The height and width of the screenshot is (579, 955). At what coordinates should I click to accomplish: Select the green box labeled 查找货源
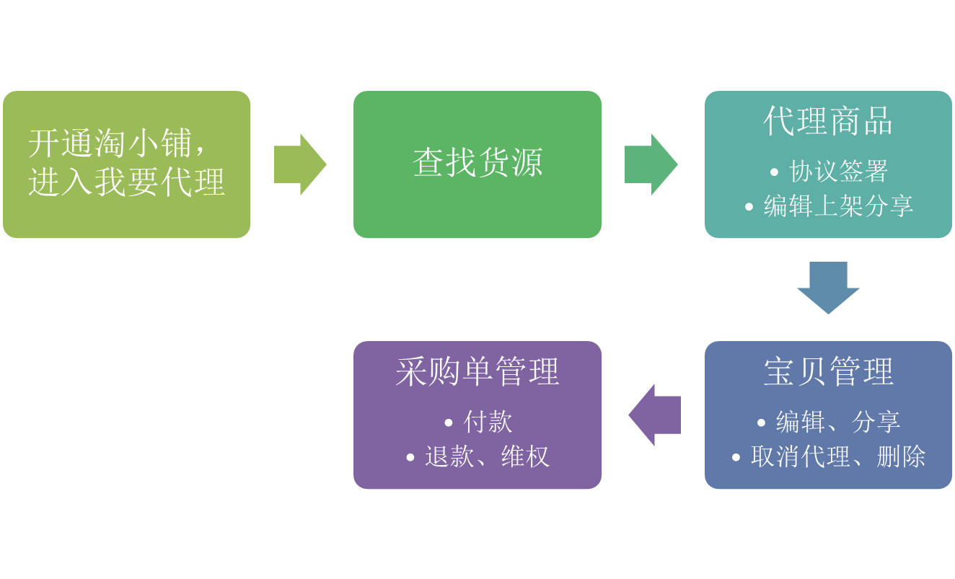coord(477,164)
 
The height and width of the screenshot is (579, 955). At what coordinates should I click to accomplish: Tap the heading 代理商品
coord(828,121)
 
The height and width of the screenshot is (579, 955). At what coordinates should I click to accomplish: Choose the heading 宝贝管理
coord(828,372)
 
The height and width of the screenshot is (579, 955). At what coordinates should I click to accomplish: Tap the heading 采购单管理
coord(477,372)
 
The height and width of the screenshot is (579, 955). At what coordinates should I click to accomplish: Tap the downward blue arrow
coord(828,287)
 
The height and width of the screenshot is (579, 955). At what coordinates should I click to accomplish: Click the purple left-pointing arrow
coord(655,415)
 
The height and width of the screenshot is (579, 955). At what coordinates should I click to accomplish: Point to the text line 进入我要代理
coord(126,182)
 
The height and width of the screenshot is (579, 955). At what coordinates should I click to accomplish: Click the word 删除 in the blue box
coord(901,456)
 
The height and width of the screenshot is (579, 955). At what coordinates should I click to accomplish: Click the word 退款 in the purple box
coord(449,456)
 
